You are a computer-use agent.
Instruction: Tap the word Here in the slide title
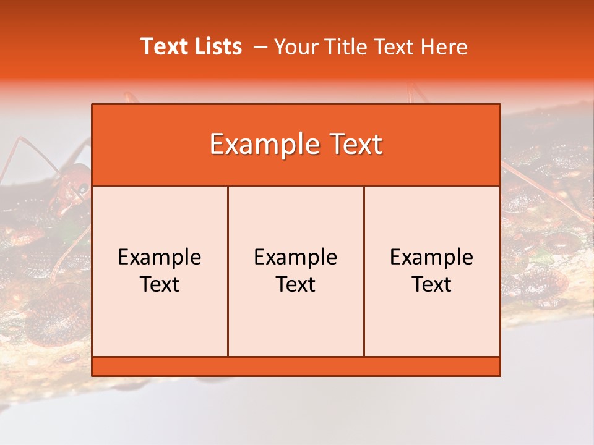tap(444, 46)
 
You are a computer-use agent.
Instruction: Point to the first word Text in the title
tap(162, 46)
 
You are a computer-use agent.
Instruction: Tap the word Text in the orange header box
tap(356, 145)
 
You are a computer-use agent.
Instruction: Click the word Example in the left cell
tap(160, 257)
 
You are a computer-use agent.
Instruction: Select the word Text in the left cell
tap(160, 284)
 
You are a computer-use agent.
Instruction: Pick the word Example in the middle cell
tap(296, 257)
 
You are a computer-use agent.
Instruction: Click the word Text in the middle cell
tap(296, 284)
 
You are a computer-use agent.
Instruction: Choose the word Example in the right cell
tap(432, 257)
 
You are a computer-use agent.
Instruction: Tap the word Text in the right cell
tap(432, 284)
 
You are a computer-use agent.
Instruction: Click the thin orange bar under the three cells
tap(296, 366)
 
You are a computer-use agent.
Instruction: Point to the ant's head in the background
tap(73, 185)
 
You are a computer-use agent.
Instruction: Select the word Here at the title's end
tap(444, 46)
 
